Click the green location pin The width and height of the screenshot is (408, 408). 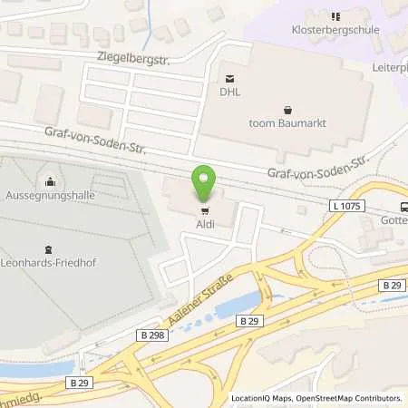point(203,183)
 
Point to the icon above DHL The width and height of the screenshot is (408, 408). point(228,77)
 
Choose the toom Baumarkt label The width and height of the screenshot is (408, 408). point(288,123)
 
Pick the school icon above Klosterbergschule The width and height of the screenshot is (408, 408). point(336,15)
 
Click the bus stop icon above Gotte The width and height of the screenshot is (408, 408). point(403,205)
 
